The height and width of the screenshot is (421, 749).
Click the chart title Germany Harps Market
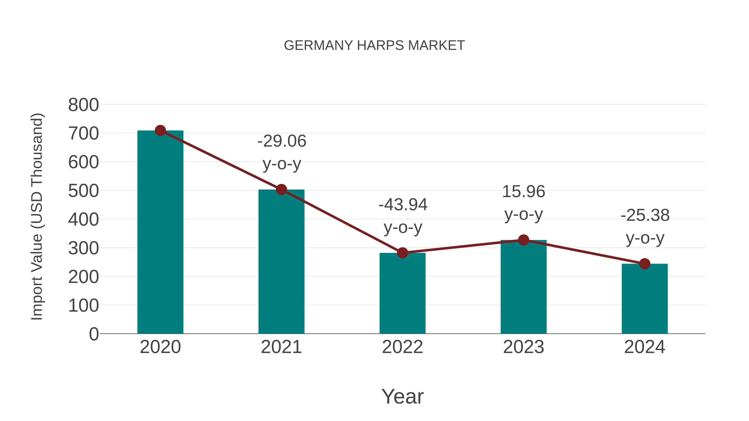point(374,46)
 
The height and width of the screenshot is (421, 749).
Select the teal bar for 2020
point(160,232)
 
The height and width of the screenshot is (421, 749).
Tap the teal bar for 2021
point(281,262)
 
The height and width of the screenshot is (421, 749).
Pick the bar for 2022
point(402,293)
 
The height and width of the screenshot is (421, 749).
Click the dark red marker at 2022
point(402,253)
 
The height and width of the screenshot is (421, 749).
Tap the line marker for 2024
point(645,264)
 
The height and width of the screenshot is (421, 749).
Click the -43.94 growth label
point(403,205)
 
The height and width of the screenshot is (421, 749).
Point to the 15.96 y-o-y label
point(523,192)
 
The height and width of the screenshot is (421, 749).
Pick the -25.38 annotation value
point(645,216)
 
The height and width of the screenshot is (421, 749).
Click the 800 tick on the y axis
point(83,105)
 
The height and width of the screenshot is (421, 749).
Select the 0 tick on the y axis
point(94,334)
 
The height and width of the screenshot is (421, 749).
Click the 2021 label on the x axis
point(281,347)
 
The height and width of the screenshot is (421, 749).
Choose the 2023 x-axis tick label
point(523,347)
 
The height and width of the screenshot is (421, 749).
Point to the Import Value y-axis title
point(37,216)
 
